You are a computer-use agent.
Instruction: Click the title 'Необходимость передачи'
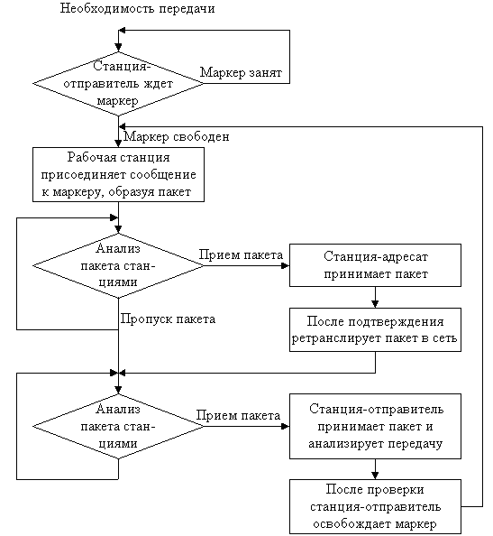tap(137, 8)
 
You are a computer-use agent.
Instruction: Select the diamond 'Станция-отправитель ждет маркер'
tap(118, 84)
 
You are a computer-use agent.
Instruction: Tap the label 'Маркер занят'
tap(241, 72)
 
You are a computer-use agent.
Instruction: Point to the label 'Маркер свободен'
tap(176, 137)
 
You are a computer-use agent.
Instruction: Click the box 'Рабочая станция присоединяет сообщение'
tap(118, 174)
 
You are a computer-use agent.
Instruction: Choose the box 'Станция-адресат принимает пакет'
tap(375, 265)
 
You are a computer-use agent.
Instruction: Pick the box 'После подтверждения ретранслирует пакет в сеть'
tap(375, 330)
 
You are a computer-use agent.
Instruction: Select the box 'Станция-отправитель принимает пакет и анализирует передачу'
tap(375, 426)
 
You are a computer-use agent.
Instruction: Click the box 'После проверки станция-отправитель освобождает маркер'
tap(375, 506)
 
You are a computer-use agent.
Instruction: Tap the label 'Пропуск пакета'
tap(168, 319)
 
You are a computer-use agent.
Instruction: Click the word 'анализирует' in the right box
tap(346, 444)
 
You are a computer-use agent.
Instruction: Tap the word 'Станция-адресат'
tap(375, 256)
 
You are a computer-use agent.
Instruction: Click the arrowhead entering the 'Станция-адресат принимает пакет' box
tap(286, 265)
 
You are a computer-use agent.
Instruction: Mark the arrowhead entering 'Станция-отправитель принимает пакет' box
tap(286, 426)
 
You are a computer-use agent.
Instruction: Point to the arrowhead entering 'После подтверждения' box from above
tap(375, 304)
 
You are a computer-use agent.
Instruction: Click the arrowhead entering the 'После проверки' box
tap(375, 476)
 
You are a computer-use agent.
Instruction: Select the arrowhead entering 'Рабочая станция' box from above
tap(118, 143)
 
